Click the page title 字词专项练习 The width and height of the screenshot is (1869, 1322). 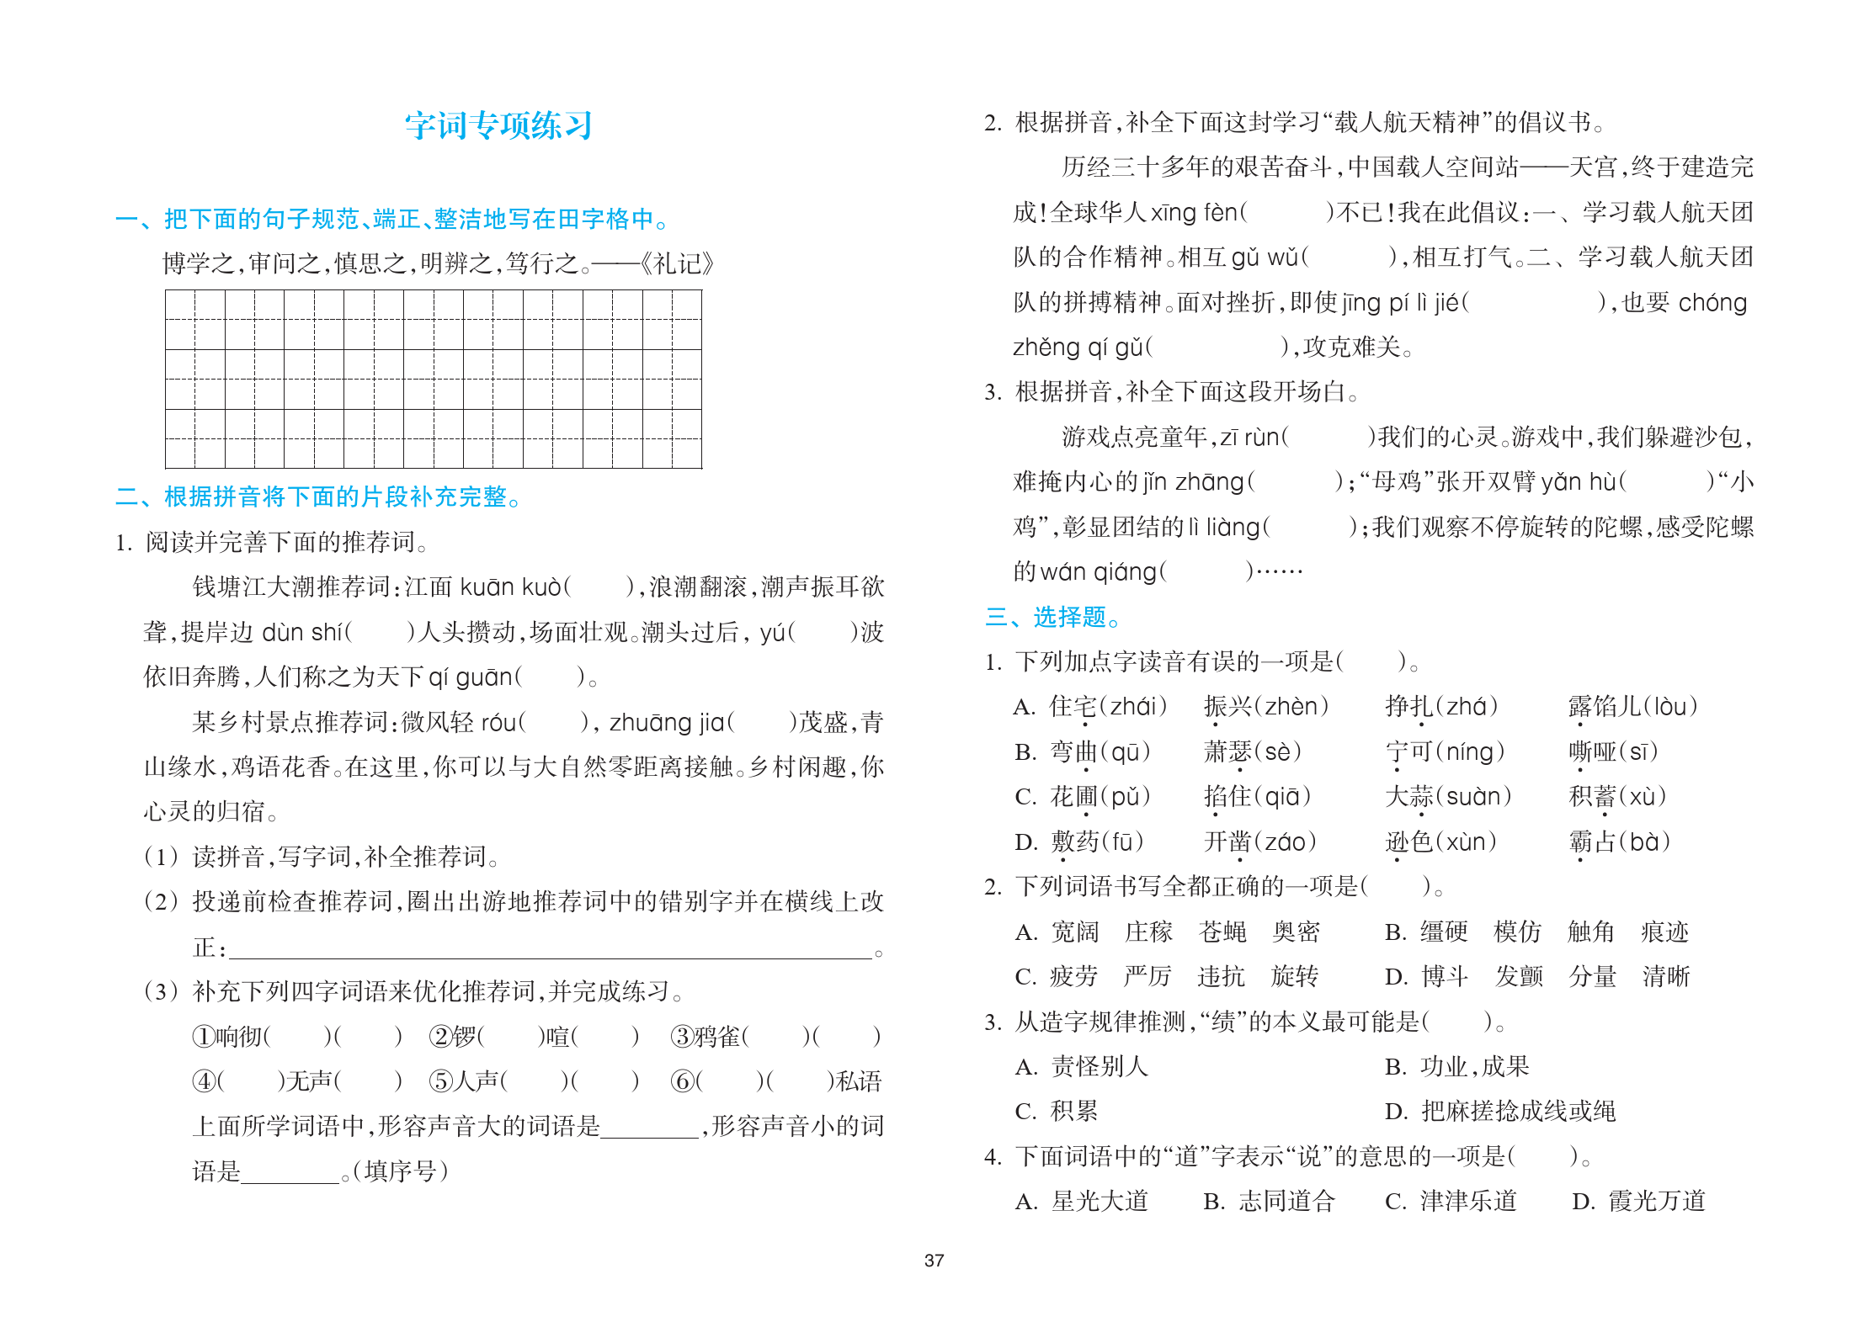498,125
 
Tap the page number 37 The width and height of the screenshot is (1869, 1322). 934,1261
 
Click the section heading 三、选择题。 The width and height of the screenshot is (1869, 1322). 1052,617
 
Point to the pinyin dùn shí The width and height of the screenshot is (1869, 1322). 302,632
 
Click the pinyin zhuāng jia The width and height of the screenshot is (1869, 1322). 667,722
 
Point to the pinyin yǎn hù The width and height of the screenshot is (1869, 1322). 1579,482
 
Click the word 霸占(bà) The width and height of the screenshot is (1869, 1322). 1619,842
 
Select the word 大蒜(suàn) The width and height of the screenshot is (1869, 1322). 1448,796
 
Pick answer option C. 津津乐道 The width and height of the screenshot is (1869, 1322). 1451,1201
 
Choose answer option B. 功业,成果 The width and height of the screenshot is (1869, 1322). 1456,1067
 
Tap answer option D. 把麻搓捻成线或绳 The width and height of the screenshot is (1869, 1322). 1500,1112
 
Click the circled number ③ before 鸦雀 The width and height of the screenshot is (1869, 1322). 681,1036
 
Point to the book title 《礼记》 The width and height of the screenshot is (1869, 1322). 677,264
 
